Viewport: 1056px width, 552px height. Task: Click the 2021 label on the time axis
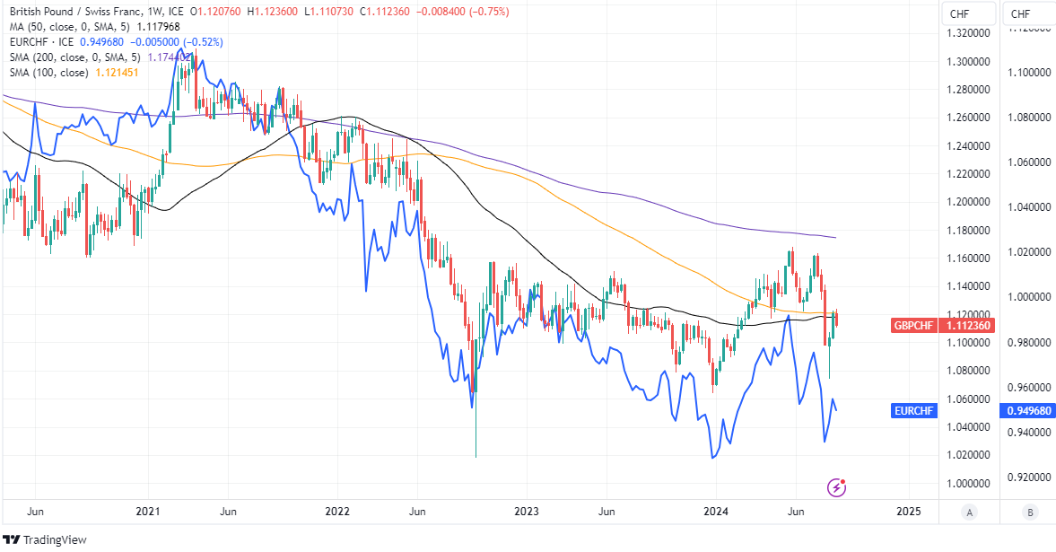coord(147,512)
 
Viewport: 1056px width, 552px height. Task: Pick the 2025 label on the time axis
coord(909,512)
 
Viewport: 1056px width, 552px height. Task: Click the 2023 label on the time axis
coord(528,512)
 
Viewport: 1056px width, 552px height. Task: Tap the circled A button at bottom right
coord(969,513)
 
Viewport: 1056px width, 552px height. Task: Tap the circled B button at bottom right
coord(1030,513)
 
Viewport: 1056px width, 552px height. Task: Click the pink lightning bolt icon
coord(837,487)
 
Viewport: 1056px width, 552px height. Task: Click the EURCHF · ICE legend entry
coord(40,42)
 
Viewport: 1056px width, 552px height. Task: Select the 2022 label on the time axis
coord(337,512)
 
